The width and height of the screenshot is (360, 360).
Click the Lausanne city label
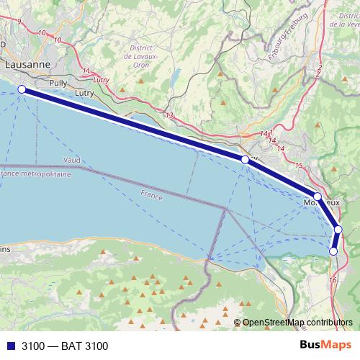tap(27, 64)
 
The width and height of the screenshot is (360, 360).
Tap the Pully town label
tap(58, 83)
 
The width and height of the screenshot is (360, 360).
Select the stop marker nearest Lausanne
tap(22, 89)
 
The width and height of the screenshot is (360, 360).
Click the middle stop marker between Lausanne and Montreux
tap(245, 159)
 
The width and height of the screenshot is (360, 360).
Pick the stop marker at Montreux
tap(318, 196)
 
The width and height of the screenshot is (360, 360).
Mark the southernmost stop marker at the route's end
tap(333, 251)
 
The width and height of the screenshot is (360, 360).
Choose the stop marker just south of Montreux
tap(338, 230)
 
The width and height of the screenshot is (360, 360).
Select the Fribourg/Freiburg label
tap(288, 36)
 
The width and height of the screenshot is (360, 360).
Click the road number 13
tap(169, 115)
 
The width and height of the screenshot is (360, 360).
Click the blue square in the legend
tap(10, 346)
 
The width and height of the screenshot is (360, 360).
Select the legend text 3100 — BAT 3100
tap(65, 346)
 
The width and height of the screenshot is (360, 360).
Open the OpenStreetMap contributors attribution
tap(297, 323)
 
